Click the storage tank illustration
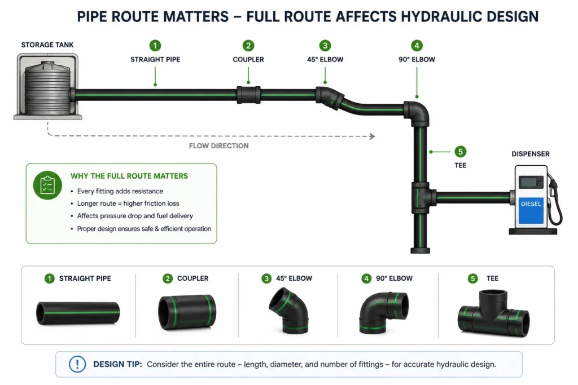[47, 86]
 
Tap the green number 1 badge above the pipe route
[155, 46]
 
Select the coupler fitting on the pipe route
[248, 95]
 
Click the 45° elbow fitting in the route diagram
[330, 98]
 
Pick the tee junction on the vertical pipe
[422, 198]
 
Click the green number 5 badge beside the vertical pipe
[460, 152]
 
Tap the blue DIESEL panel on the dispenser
[531, 210]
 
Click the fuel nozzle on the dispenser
[554, 187]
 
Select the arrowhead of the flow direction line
[373, 136]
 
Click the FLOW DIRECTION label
[218, 146]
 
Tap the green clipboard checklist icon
[47, 185]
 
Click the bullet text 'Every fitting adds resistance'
[120, 191]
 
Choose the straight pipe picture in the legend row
[78, 313]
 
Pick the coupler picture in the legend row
[187, 312]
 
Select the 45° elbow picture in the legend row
[289, 310]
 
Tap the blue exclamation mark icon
[77, 364]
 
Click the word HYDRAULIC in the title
[441, 16]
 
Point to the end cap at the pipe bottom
[420, 251]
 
